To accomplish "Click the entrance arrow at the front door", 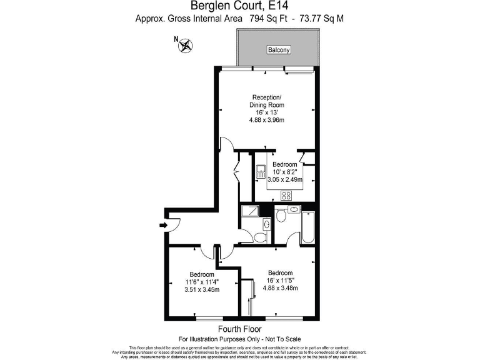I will (x=164, y=225).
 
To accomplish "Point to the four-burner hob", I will (x=287, y=195).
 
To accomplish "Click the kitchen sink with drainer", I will (x=261, y=171).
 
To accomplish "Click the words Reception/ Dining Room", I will (x=267, y=101).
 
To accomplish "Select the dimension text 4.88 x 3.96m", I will (x=267, y=121).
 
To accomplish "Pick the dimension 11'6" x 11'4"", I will (x=202, y=282).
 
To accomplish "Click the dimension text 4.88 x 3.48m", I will (x=279, y=288).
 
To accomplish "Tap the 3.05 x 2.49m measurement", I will (x=284, y=179).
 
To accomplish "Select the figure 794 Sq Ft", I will (x=268, y=19).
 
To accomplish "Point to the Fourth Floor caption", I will (x=239, y=329).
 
